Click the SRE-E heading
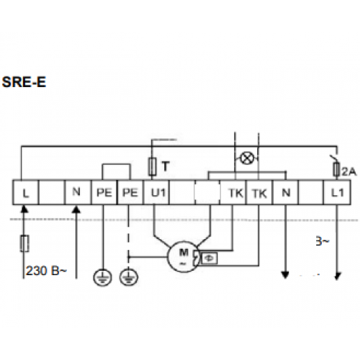coord(24,82)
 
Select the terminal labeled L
coord(25,192)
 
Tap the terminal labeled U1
coord(156,192)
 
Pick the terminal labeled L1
coord(337,192)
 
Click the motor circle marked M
coord(183,257)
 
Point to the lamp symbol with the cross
coord(247,158)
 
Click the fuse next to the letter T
coord(153,166)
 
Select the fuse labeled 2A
coord(337,169)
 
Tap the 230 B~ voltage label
coord(46,271)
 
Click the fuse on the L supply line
coord(24,243)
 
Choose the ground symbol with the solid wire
coord(102,277)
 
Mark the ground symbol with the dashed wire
coord(129,277)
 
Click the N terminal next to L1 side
coord(286,192)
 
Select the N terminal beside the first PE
coord(78,192)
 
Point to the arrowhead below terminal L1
coord(338,276)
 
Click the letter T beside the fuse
coord(166,166)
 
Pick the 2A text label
coord(349,171)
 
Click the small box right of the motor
coord(210,258)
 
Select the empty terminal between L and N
coord(52,192)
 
